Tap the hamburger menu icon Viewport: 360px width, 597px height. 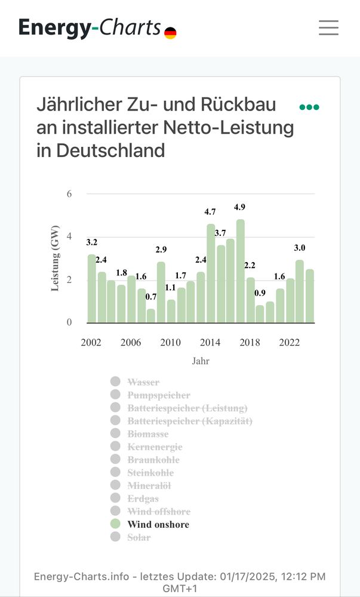pyautogui.click(x=328, y=27)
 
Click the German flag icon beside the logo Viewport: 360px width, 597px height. pyautogui.click(x=170, y=33)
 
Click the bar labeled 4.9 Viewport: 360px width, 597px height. pyautogui.click(x=240, y=272)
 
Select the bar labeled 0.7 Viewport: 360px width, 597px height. pyautogui.click(x=151, y=316)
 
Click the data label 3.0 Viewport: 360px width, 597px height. pyautogui.click(x=299, y=248)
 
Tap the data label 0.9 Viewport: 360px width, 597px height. pyautogui.click(x=260, y=293)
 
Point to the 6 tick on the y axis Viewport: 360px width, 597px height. pyautogui.click(x=69, y=194)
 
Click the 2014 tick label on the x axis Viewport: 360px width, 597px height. pyautogui.click(x=210, y=343)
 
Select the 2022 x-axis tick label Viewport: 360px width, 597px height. pyautogui.click(x=290, y=343)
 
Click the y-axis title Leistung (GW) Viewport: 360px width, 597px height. pyautogui.click(x=55, y=258)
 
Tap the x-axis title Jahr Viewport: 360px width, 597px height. pyautogui.click(x=201, y=361)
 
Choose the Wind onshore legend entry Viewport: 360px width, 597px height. pyautogui.click(x=158, y=525)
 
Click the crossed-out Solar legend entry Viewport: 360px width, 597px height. pyautogui.click(x=139, y=537)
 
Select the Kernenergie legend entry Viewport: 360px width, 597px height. pyautogui.click(x=155, y=447)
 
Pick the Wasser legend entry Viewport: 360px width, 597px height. pyautogui.click(x=143, y=382)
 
